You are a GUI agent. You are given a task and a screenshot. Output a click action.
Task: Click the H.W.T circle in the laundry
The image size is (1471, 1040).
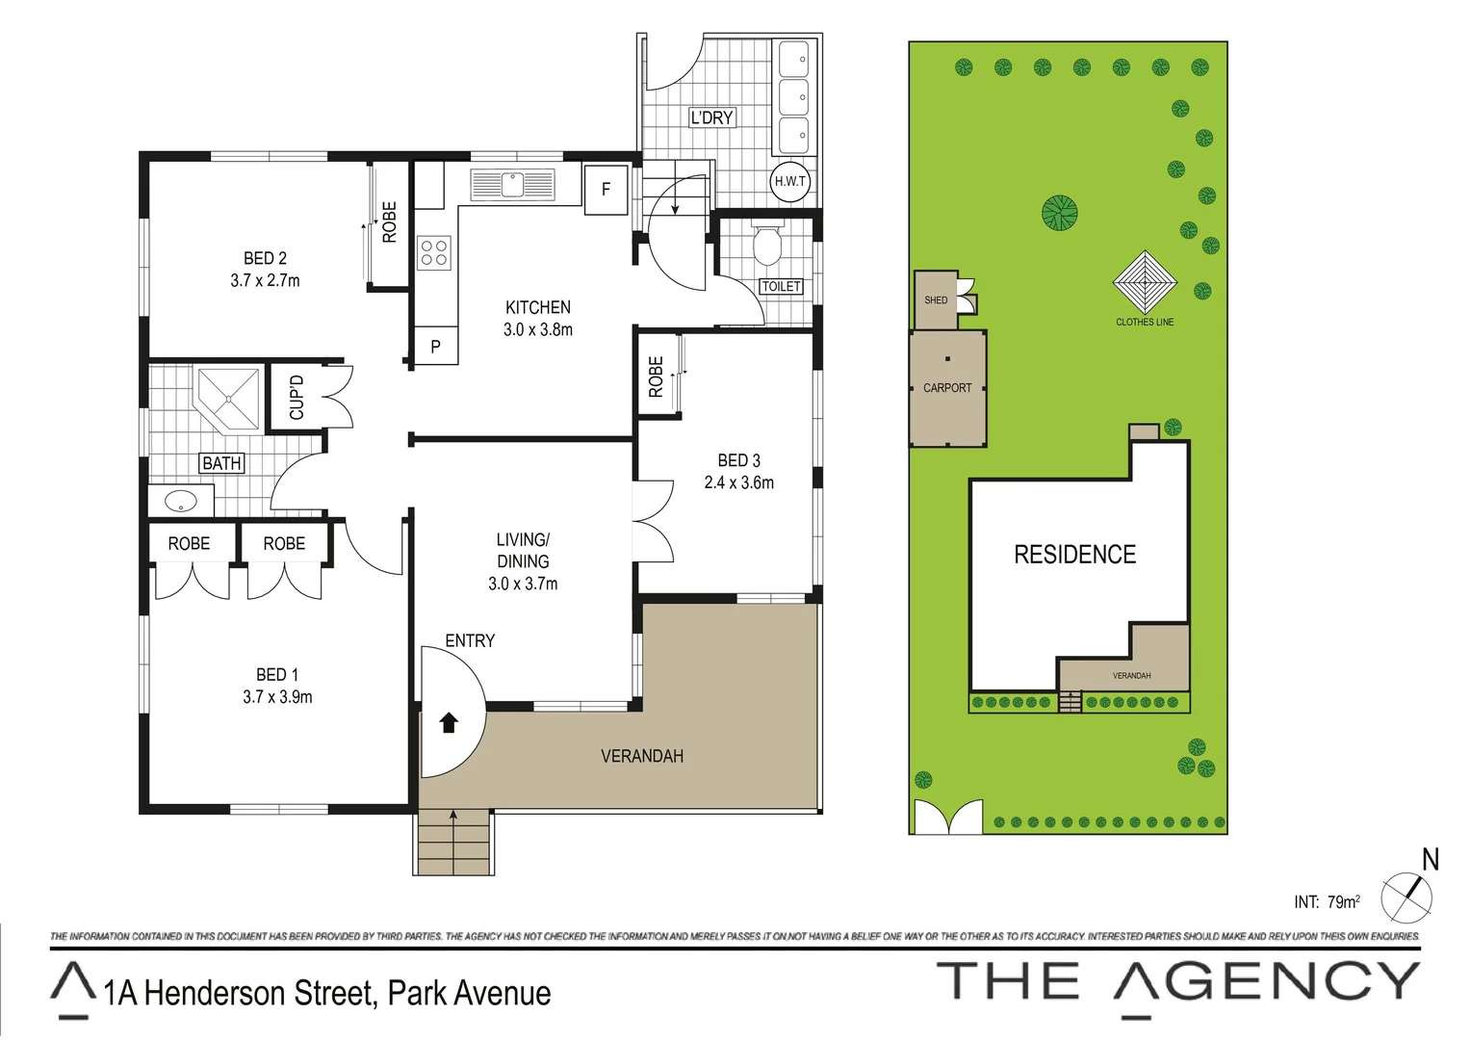click(789, 181)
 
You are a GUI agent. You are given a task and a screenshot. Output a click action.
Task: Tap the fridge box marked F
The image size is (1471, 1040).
click(606, 190)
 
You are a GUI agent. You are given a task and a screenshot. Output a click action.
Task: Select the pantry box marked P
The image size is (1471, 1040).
click(435, 346)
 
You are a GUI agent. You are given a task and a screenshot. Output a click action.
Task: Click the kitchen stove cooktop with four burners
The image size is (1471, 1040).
click(433, 252)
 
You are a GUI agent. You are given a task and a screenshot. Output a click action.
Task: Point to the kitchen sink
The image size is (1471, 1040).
click(512, 183)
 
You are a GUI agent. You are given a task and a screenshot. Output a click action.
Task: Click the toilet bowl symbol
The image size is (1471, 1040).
click(767, 246)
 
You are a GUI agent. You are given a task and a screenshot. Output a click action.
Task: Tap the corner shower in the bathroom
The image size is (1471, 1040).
click(230, 398)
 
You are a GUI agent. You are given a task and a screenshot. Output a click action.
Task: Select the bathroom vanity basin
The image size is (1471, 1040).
click(180, 502)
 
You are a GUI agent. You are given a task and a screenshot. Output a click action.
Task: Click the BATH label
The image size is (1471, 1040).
click(221, 463)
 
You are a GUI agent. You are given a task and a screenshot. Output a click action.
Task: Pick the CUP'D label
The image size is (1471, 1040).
click(297, 397)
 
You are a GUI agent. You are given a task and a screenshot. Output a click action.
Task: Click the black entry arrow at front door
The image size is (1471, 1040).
click(449, 722)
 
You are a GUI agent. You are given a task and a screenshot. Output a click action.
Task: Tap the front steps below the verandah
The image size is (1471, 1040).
click(454, 844)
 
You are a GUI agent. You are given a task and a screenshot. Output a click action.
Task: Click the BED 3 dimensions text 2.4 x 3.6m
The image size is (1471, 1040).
click(738, 482)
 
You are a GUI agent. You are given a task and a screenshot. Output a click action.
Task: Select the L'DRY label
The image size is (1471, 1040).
click(711, 117)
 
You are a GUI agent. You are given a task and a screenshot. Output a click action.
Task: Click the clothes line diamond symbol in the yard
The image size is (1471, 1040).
click(1145, 282)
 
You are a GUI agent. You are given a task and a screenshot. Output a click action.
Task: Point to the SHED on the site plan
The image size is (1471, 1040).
click(936, 299)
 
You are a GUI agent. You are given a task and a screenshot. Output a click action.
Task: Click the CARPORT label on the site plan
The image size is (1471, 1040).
click(947, 388)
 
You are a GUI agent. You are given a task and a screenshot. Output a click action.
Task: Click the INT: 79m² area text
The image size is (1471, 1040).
click(1327, 902)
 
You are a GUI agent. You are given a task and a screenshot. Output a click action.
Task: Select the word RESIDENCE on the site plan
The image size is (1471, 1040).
click(1074, 555)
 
